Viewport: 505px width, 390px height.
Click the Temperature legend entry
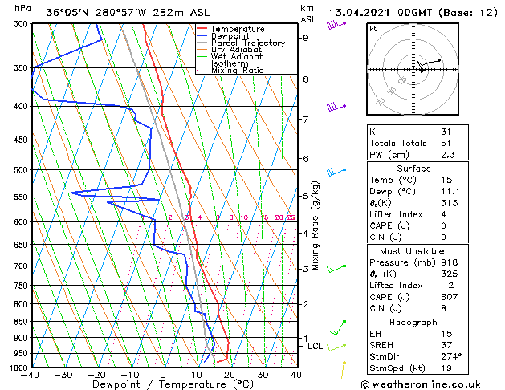[x=237, y=29]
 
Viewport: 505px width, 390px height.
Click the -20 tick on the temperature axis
[x=96, y=375]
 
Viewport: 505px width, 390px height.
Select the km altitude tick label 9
[x=306, y=38]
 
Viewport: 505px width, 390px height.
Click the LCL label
[x=315, y=346]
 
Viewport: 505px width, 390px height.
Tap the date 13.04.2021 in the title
[x=362, y=12]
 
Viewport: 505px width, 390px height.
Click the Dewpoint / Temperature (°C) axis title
[x=163, y=384]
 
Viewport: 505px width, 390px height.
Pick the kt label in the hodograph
[x=373, y=28]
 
